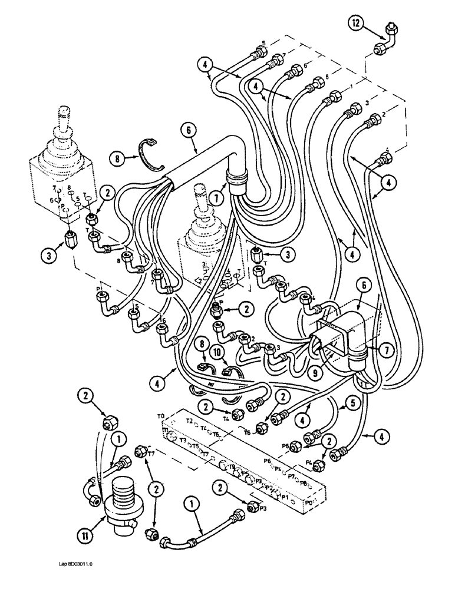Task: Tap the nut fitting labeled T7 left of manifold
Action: click(x=141, y=452)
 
